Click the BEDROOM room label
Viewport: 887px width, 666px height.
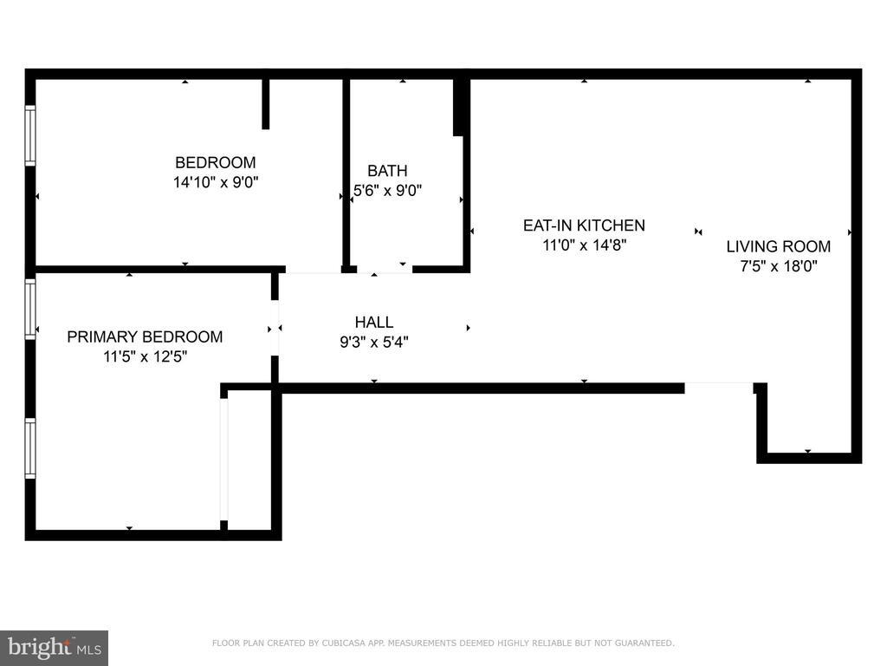(x=216, y=162)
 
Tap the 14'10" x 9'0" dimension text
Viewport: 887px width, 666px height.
(x=216, y=182)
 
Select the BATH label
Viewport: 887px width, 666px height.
(x=387, y=171)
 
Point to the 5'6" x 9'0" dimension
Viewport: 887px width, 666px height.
(x=387, y=191)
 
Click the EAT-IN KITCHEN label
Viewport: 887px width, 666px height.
(x=584, y=225)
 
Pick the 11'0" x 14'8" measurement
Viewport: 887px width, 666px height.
(x=584, y=245)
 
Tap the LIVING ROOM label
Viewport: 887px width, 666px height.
(x=778, y=246)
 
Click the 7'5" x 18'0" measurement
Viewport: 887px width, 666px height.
(x=778, y=266)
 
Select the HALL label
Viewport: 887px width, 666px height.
(x=374, y=323)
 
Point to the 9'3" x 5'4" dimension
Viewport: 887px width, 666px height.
(x=374, y=343)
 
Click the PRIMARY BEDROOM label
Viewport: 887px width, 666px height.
(x=145, y=336)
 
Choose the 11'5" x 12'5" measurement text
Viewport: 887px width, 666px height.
(x=145, y=356)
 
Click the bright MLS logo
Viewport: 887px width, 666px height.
(x=54, y=647)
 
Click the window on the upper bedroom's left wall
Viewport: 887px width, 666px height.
(x=30, y=135)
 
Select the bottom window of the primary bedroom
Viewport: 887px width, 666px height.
(x=30, y=447)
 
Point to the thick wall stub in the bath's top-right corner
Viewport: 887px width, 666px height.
(x=461, y=107)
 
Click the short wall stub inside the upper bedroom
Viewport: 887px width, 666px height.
(x=266, y=103)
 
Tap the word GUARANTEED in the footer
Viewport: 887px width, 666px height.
(x=646, y=643)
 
